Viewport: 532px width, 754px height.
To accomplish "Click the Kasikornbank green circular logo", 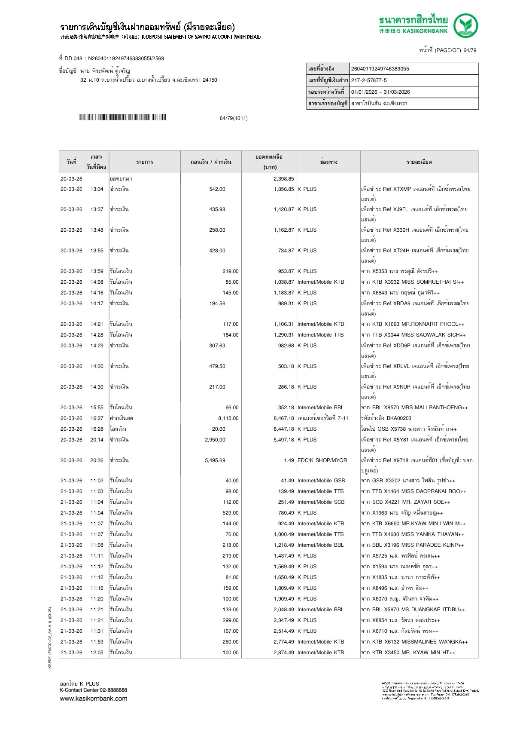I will pyautogui.click(x=466, y=25).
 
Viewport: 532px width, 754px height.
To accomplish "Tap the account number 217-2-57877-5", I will pyautogui.click(x=369, y=80).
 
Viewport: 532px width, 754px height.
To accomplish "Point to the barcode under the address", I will pyautogui.click(x=122, y=117).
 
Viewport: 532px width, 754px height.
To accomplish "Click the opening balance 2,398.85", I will pyautogui.click(x=283, y=179).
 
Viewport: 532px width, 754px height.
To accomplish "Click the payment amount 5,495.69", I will pyautogui.click(x=215, y=460).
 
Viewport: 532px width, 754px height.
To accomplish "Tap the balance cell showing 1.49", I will pyautogui.click(x=289, y=460).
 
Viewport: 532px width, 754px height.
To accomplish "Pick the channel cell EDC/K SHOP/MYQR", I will pyautogui.click(x=322, y=460).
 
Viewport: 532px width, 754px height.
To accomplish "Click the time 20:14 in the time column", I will pyautogui.click(x=97, y=440).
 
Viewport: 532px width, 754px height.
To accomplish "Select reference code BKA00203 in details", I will pyautogui.click(x=399, y=418).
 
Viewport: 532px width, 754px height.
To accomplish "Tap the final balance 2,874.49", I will pyautogui.click(x=283, y=653).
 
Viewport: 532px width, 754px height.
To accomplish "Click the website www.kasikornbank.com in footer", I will pyautogui.click(x=93, y=699).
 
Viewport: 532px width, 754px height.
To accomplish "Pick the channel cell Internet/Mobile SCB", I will pyautogui.click(x=321, y=502).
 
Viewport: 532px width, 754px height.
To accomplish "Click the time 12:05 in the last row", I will pyautogui.click(x=97, y=653).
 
